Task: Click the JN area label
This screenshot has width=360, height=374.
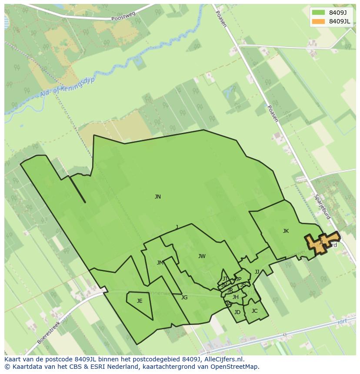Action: tap(158, 197)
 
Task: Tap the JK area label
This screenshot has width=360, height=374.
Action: tap(286, 231)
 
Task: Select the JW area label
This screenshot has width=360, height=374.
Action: tap(202, 256)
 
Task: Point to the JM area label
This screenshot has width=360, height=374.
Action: tap(160, 263)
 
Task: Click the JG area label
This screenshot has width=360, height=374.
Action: tap(184, 298)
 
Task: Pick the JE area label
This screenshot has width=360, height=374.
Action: tap(140, 301)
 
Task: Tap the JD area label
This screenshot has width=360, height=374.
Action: tap(237, 312)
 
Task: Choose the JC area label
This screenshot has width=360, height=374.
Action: tap(254, 311)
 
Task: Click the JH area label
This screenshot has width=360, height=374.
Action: tap(236, 297)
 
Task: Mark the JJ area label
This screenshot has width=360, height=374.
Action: tap(257, 272)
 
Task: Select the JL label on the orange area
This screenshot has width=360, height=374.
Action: tap(321, 242)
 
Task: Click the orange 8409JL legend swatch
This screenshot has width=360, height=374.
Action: tap(318, 21)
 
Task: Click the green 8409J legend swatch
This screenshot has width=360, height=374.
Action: tap(318, 13)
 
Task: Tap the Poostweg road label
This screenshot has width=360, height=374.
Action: tap(123, 17)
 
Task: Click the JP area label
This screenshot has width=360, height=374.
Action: tap(238, 279)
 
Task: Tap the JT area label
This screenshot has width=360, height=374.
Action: tap(225, 279)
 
